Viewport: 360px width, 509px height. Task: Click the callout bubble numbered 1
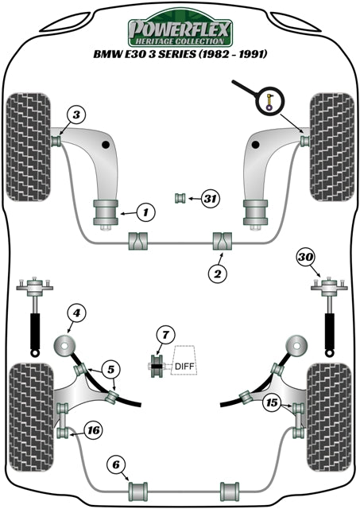coord(145,212)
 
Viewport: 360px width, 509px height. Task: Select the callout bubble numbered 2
coord(217,274)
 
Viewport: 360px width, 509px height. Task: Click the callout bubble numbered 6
coord(116,465)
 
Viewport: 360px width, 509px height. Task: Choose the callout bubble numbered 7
coord(165,334)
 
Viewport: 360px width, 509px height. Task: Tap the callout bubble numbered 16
coord(93,430)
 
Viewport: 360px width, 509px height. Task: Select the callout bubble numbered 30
coord(305,257)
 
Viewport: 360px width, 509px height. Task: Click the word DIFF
coord(184,367)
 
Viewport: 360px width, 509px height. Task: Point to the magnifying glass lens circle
coord(270,101)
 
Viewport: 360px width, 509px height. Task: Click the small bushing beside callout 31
coord(180,197)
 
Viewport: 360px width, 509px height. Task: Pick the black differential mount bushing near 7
coord(157,365)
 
